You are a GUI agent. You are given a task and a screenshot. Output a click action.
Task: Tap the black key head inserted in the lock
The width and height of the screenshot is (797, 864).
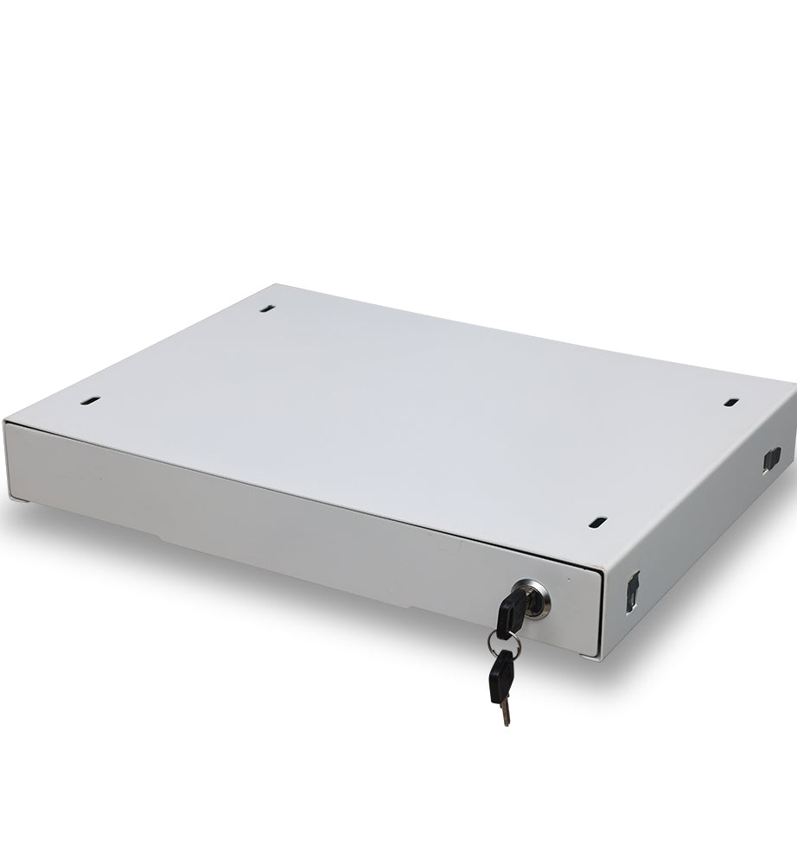508,611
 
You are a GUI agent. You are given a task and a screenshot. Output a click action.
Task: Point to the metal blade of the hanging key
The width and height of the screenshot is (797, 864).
505,711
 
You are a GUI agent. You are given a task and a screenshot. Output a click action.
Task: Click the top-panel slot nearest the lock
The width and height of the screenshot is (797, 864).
597,522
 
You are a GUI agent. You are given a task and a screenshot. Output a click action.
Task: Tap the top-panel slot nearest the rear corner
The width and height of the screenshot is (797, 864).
268,307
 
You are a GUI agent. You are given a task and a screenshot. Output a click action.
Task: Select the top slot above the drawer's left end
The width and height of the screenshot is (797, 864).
91,401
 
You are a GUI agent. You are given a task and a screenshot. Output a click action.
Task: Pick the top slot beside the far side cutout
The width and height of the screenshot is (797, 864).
730,402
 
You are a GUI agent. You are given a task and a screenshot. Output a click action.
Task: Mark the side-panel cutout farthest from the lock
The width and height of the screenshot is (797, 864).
772,458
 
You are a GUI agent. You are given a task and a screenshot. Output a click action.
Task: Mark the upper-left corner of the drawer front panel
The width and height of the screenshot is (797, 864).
5,422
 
